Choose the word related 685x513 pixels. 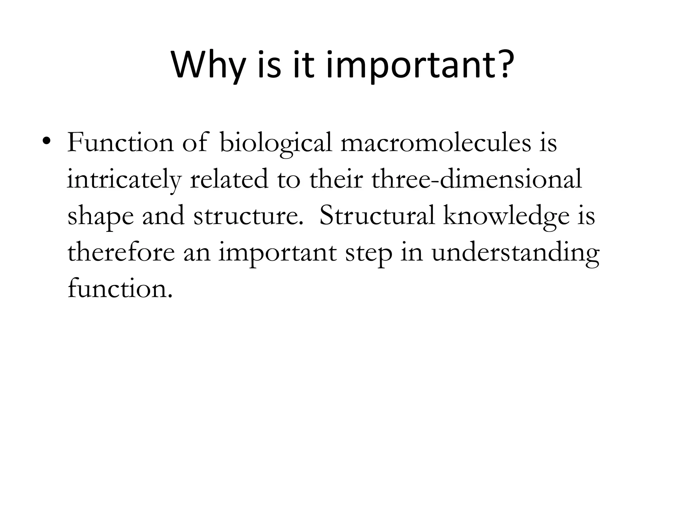pyautogui.click(x=229, y=179)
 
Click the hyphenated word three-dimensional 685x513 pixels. pyautogui.click(x=477, y=179)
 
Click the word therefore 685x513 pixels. pyautogui.click(x=121, y=252)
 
